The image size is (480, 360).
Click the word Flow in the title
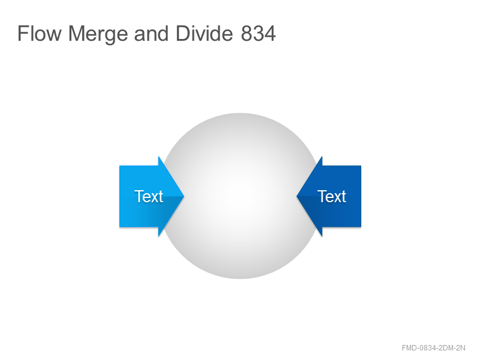40,33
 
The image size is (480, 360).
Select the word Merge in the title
98,35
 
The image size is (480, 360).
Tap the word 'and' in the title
151,33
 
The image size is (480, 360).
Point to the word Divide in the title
204,33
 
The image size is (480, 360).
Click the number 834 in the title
259,33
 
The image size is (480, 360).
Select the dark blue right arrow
329,196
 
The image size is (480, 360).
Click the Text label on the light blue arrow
148,196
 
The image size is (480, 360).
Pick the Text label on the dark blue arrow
332,196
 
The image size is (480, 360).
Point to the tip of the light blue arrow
184,196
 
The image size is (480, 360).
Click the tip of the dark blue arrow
296,196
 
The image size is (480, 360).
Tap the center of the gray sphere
240,196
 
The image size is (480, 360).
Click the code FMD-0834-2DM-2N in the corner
433,348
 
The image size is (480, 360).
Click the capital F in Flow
23,33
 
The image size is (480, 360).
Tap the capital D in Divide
183,33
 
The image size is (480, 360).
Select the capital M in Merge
76,33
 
